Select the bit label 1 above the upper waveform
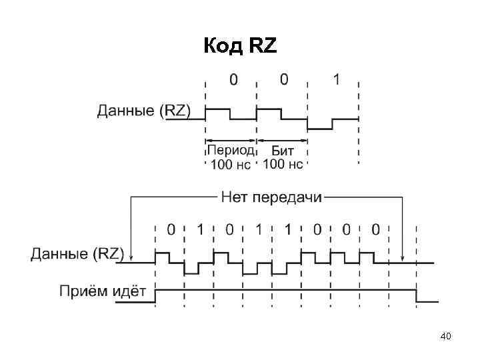pyautogui.click(x=337, y=80)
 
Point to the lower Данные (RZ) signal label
pyautogui.click(x=77, y=253)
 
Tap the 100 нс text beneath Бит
pyautogui.click(x=283, y=164)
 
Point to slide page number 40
pyautogui.click(x=446, y=337)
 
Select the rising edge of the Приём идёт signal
pyautogui.click(x=155, y=297)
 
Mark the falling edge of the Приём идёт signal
pyautogui.click(x=417, y=297)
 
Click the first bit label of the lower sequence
pyautogui.click(x=171, y=230)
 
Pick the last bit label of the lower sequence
pyautogui.click(x=376, y=230)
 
